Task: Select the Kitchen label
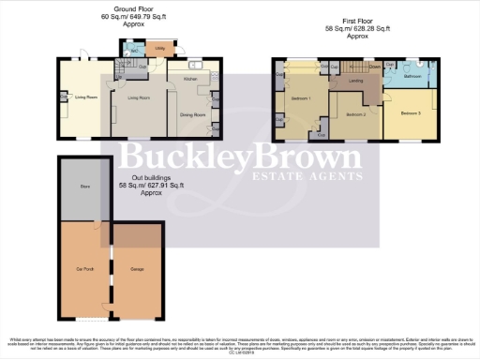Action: pos(188,80)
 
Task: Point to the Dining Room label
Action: pos(192,115)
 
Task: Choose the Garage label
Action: pos(137,269)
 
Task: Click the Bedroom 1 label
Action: pos(301,98)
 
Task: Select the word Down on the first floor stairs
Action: pos(373,67)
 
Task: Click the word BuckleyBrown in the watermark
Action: pos(238,156)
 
